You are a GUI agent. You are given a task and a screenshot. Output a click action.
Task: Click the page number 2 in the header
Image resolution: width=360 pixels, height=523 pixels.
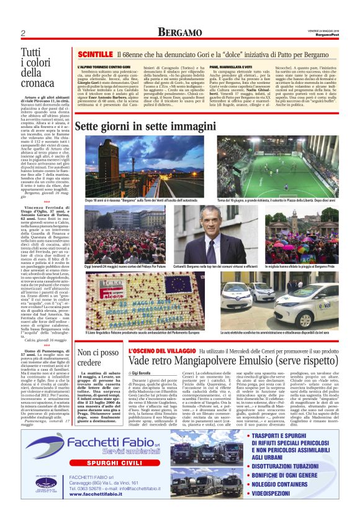[x=22, y=32]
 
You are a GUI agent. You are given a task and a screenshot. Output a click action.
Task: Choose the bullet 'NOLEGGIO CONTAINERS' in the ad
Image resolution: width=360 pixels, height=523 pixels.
[x=302, y=484]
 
